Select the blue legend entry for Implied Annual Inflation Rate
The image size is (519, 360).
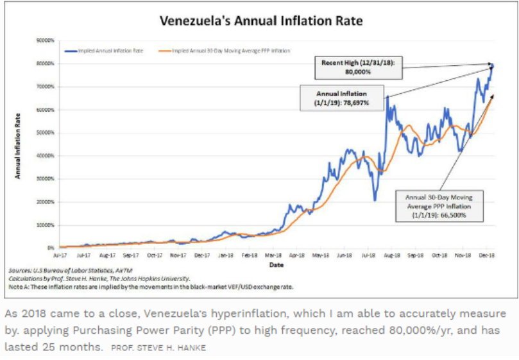point(106,49)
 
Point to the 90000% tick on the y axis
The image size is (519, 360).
point(46,40)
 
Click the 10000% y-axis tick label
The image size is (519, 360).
point(46,225)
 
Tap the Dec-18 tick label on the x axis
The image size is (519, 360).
point(486,255)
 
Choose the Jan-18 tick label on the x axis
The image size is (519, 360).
point(225,255)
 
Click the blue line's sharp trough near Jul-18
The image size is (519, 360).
point(375,200)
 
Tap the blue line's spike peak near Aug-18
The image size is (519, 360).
point(387,97)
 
